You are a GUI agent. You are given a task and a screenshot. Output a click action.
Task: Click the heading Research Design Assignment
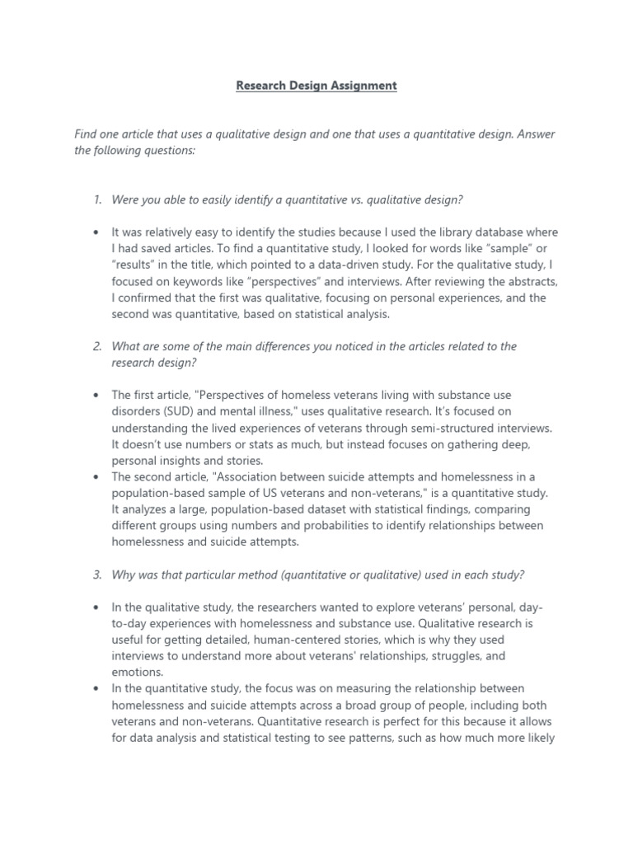[316, 86]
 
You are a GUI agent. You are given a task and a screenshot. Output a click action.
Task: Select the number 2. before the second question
[97, 346]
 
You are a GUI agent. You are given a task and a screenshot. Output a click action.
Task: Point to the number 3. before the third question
[97, 574]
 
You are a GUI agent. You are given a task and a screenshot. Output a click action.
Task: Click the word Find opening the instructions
[87, 134]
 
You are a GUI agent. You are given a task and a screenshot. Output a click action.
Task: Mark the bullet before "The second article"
[97, 476]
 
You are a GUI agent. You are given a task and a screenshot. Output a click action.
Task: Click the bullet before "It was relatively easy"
[97, 232]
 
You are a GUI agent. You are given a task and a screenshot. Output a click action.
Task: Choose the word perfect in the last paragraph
[392, 721]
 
